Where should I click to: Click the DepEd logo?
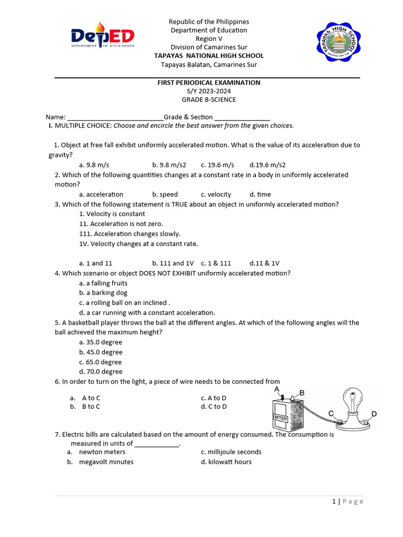pos(103,38)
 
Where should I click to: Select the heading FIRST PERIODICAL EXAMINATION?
pos(209,83)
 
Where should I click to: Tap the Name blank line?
pos(115,117)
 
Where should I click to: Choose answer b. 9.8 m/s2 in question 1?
pos(169,165)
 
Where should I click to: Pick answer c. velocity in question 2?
pos(216,195)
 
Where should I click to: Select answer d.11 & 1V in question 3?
pos(264,263)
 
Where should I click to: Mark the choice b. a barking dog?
pos(103,293)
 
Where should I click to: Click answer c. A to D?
pos(214,398)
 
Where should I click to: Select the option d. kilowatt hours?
pos(226,462)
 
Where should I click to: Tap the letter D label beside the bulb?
pos(374,414)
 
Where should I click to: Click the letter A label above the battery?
pos(277,390)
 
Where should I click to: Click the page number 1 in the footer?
pos(334,501)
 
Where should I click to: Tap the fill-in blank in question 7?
pos(156,444)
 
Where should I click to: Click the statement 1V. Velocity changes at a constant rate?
pos(139,244)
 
